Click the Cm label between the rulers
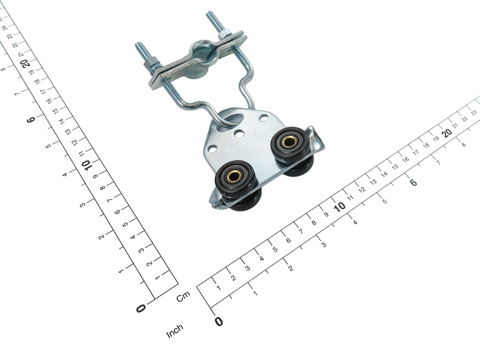tap(183, 296)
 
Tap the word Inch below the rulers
tap(174, 331)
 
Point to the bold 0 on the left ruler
tap(141, 308)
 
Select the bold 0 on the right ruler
tap(219, 321)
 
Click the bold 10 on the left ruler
tap(87, 165)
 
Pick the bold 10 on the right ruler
tap(340, 207)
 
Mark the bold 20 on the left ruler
tap(27, 63)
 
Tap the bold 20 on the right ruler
tap(448, 133)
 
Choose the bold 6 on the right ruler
tap(413, 182)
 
